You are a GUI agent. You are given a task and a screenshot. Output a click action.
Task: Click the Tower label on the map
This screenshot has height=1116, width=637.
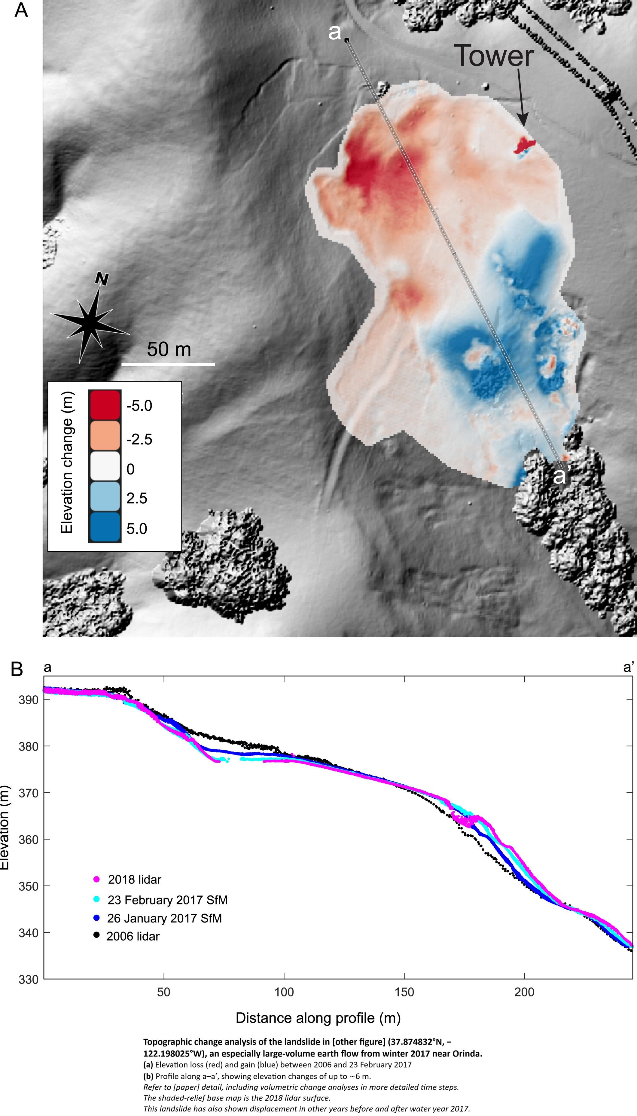(x=494, y=56)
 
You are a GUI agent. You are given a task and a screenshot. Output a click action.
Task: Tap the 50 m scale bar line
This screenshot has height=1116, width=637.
(x=168, y=364)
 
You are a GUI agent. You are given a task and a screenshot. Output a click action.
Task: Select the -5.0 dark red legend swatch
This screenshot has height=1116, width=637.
(x=105, y=405)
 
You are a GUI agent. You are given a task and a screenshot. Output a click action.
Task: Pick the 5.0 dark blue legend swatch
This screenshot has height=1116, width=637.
(x=105, y=527)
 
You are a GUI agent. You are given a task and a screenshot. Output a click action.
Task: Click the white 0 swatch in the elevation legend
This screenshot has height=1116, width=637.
(x=105, y=466)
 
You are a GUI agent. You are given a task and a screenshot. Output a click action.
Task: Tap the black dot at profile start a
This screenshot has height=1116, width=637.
(x=346, y=40)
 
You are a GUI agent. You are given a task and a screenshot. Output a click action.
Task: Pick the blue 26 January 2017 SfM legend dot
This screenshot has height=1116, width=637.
(x=97, y=918)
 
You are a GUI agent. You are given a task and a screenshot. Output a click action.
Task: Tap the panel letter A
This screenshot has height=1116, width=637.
(x=21, y=10)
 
